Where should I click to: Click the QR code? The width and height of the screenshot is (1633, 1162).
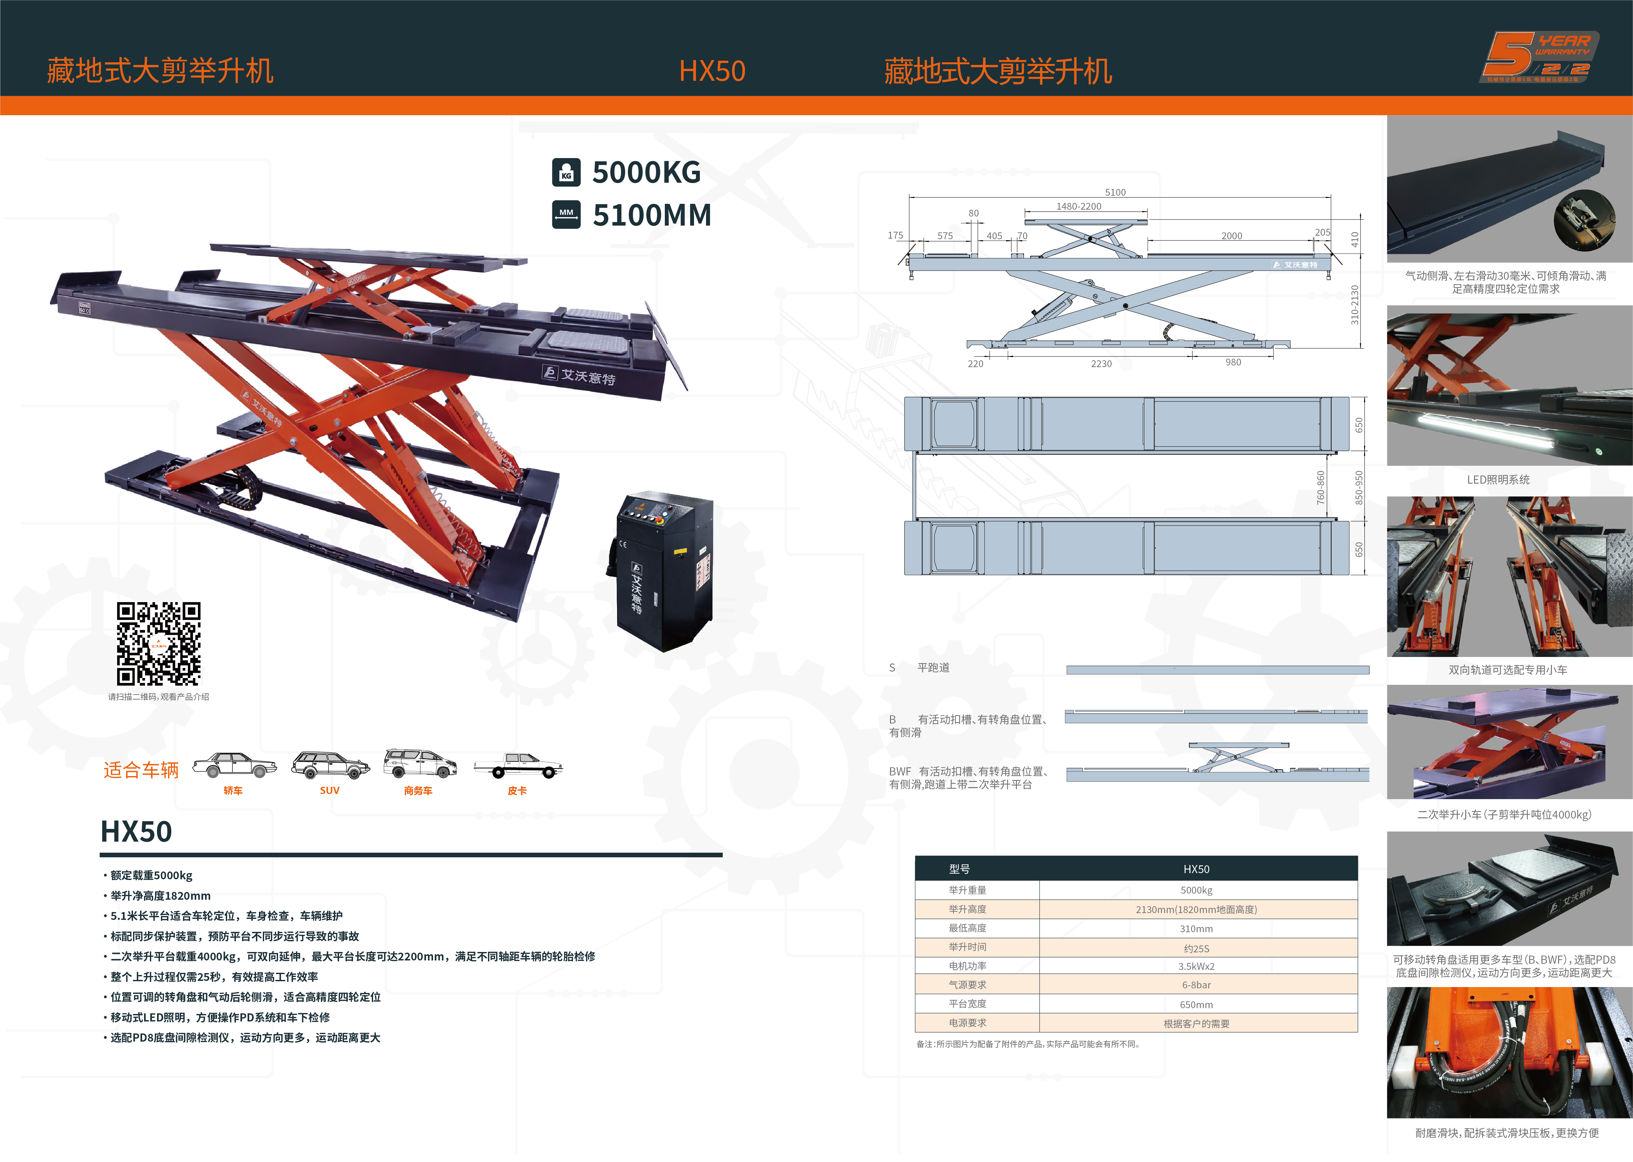159,643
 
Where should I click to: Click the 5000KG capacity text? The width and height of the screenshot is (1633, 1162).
646,172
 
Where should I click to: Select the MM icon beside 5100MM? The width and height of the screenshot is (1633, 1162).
566,215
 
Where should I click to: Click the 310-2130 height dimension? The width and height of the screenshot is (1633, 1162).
1354,305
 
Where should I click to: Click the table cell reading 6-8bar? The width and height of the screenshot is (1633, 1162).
1196,985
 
